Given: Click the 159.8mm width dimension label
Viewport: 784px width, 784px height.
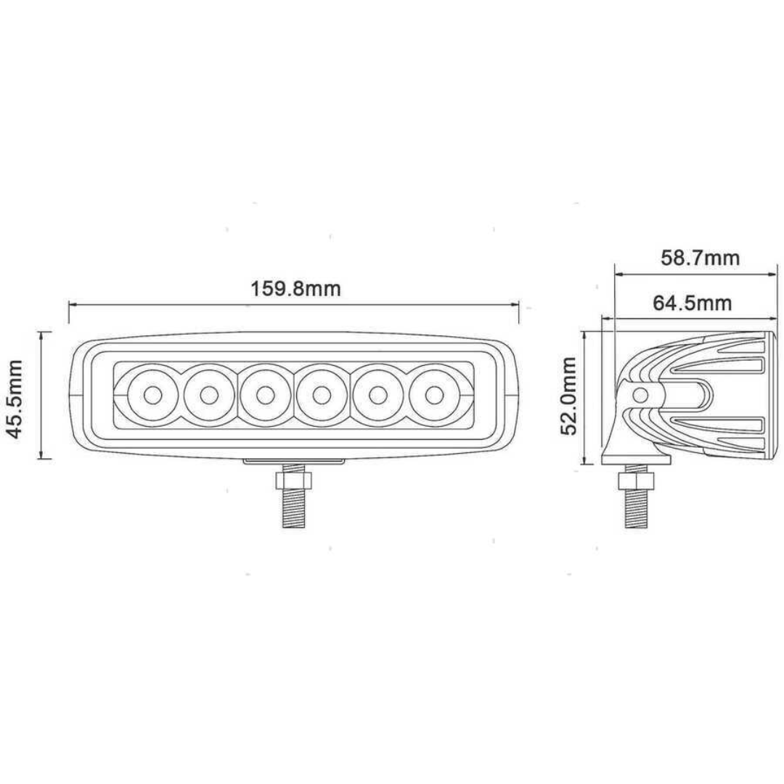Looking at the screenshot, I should pos(295,288).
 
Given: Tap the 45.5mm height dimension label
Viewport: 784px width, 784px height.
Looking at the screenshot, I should pos(15,396).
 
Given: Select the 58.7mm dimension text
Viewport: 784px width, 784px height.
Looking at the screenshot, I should pos(699,258).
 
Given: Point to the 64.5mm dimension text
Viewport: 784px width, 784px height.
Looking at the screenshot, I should pos(692,303).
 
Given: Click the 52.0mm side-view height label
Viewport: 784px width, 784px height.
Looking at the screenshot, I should pos(568,396).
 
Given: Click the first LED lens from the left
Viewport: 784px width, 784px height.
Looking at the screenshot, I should pos(152,396).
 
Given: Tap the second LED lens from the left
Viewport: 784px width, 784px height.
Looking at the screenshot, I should pos(209,396).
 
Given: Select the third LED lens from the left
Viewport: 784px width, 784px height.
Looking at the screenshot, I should pos(265,396).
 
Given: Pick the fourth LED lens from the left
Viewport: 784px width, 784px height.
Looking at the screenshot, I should pos(322,396).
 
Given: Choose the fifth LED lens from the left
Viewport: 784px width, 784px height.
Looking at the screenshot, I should pos(377,396).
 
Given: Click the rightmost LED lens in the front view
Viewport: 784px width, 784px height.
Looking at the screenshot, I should pos(434,396).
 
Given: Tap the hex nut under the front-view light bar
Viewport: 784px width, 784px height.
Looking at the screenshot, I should pos(293,481).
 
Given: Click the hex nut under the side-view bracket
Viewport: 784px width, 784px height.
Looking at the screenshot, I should pos(637,481).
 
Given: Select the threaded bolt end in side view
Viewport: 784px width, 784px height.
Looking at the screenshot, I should pos(637,512).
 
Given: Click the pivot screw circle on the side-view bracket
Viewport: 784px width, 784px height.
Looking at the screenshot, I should pos(640,395).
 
